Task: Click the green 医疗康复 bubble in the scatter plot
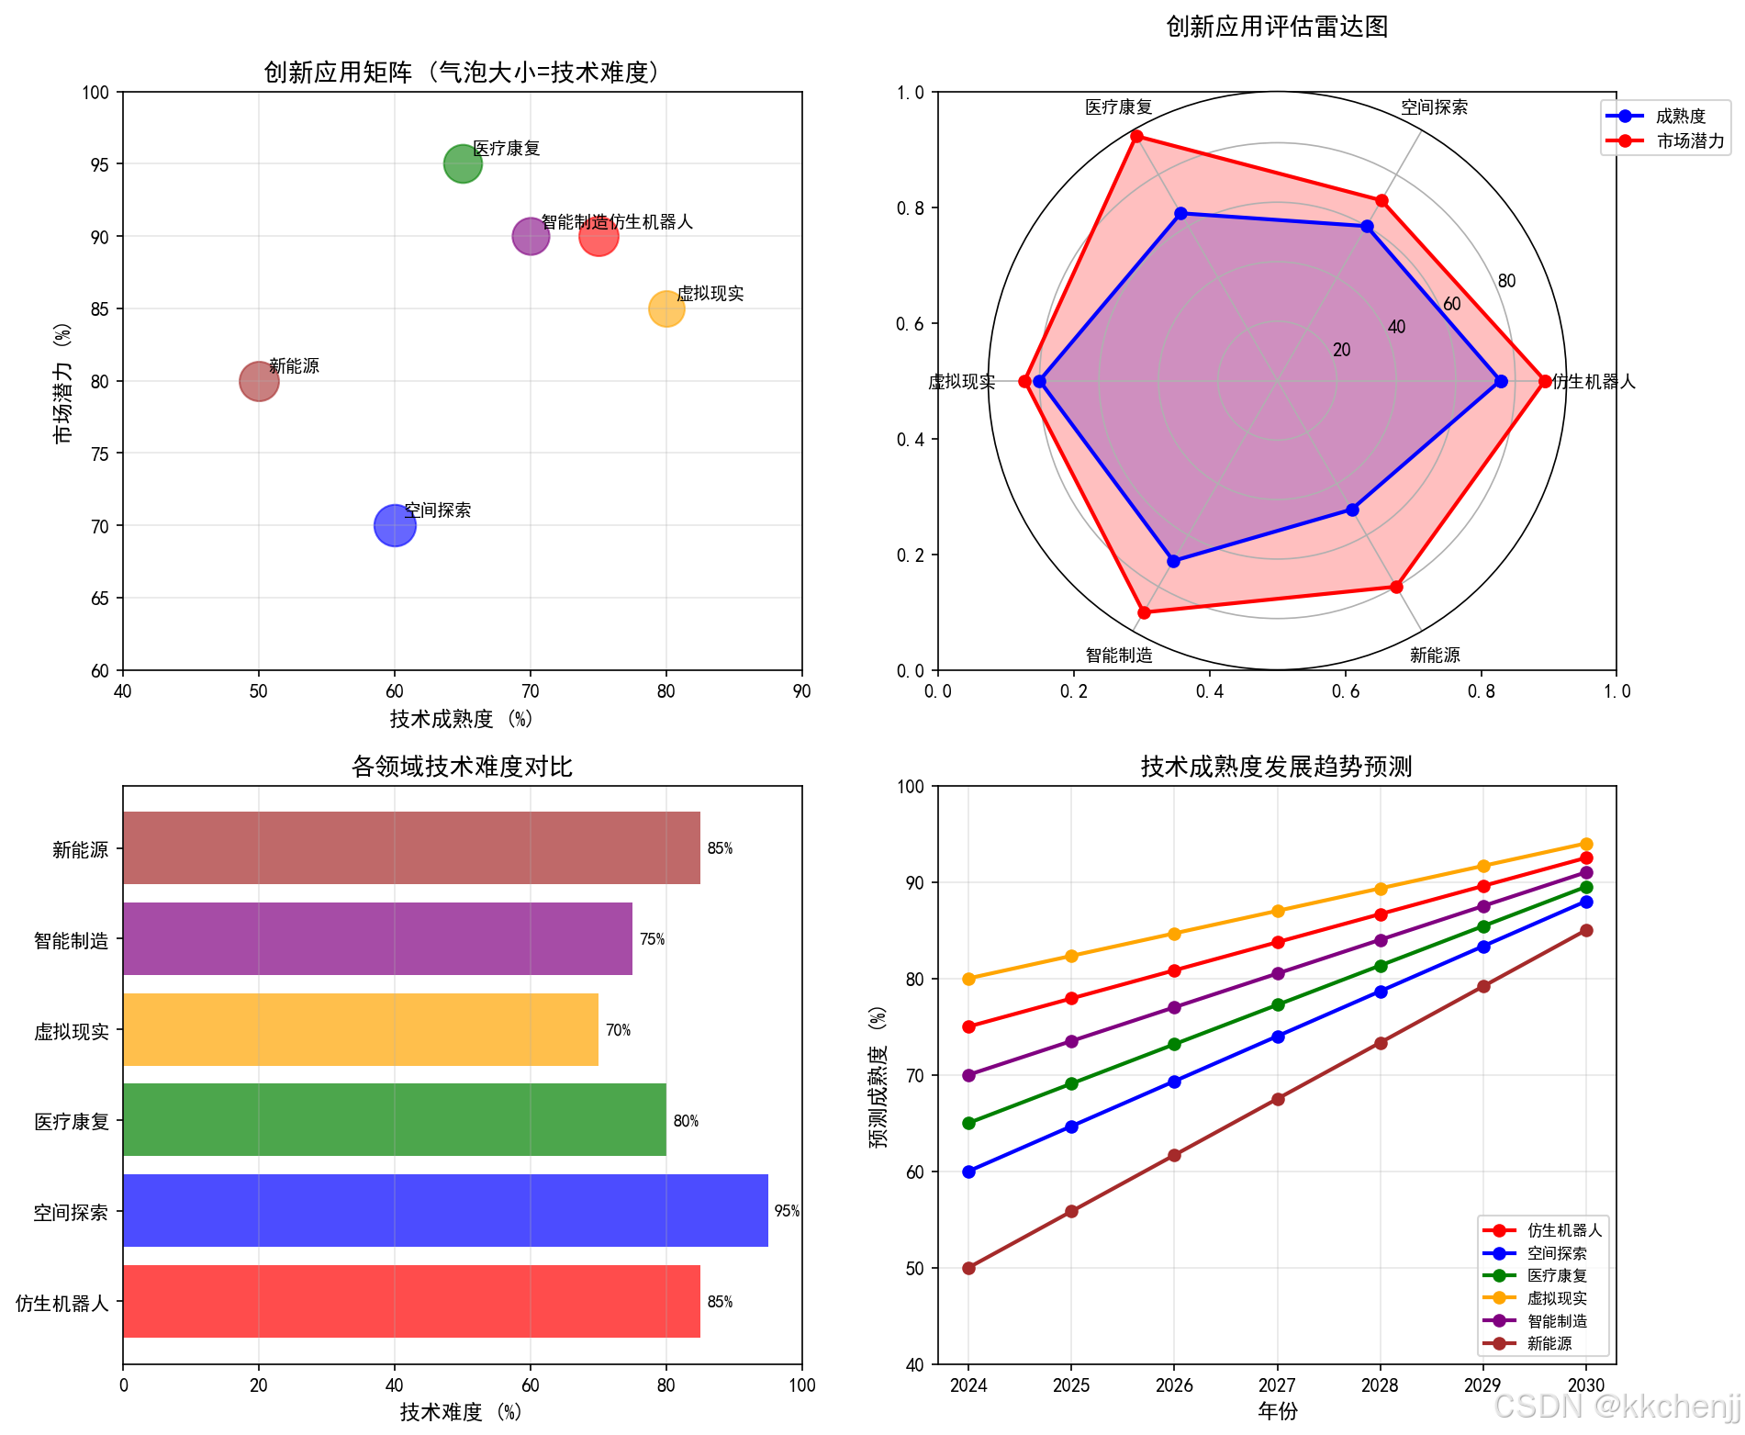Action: point(463,164)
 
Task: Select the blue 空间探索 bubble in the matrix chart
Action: point(395,525)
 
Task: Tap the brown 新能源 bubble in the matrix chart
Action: point(259,381)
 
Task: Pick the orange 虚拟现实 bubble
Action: point(666,308)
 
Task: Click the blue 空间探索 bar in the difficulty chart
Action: point(445,1210)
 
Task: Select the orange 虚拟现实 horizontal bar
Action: point(361,1029)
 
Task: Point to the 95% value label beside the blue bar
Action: point(787,1211)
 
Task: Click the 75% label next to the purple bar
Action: point(652,939)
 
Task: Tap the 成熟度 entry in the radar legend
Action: point(1680,117)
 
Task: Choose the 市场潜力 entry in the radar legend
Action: point(1689,141)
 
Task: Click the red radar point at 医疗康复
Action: point(1136,137)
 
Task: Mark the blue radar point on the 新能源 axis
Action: point(1352,510)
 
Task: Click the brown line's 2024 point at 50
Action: point(968,1268)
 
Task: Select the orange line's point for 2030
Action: point(1586,844)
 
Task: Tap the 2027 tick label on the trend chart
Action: point(1277,1385)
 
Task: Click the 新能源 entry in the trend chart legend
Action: point(1549,1343)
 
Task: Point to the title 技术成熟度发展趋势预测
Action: point(1276,767)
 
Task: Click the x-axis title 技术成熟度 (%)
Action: point(462,719)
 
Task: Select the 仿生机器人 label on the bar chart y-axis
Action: point(62,1303)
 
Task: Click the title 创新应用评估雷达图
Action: point(1276,27)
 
